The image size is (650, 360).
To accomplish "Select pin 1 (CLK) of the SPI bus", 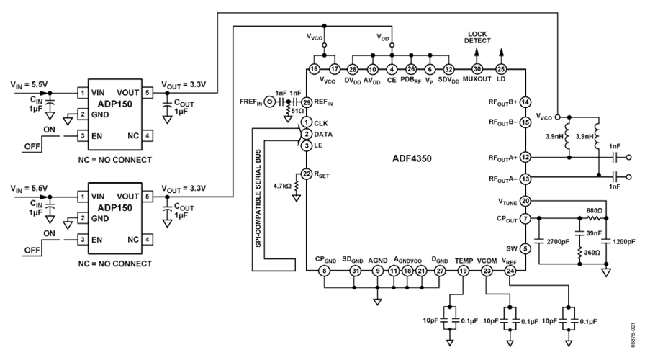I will [x=306, y=123].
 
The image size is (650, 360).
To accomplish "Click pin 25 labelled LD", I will [x=501, y=68].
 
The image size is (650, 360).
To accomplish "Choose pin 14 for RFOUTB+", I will [x=526, y=102].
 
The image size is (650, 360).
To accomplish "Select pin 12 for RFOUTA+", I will [x=526, y=156].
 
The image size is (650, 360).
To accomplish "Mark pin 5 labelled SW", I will [x=526, y=248].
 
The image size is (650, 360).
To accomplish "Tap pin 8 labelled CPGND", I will [x=325, y=271].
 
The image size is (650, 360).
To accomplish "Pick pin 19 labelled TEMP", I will [x=464, y=271].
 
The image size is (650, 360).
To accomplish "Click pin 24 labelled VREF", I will [x=510, y=271].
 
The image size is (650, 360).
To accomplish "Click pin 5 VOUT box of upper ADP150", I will [x=147, y=92].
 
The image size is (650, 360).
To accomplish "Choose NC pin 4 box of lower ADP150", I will [x=147, y=238].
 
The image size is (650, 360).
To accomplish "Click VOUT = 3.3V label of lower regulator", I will [x=184, y=188].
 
